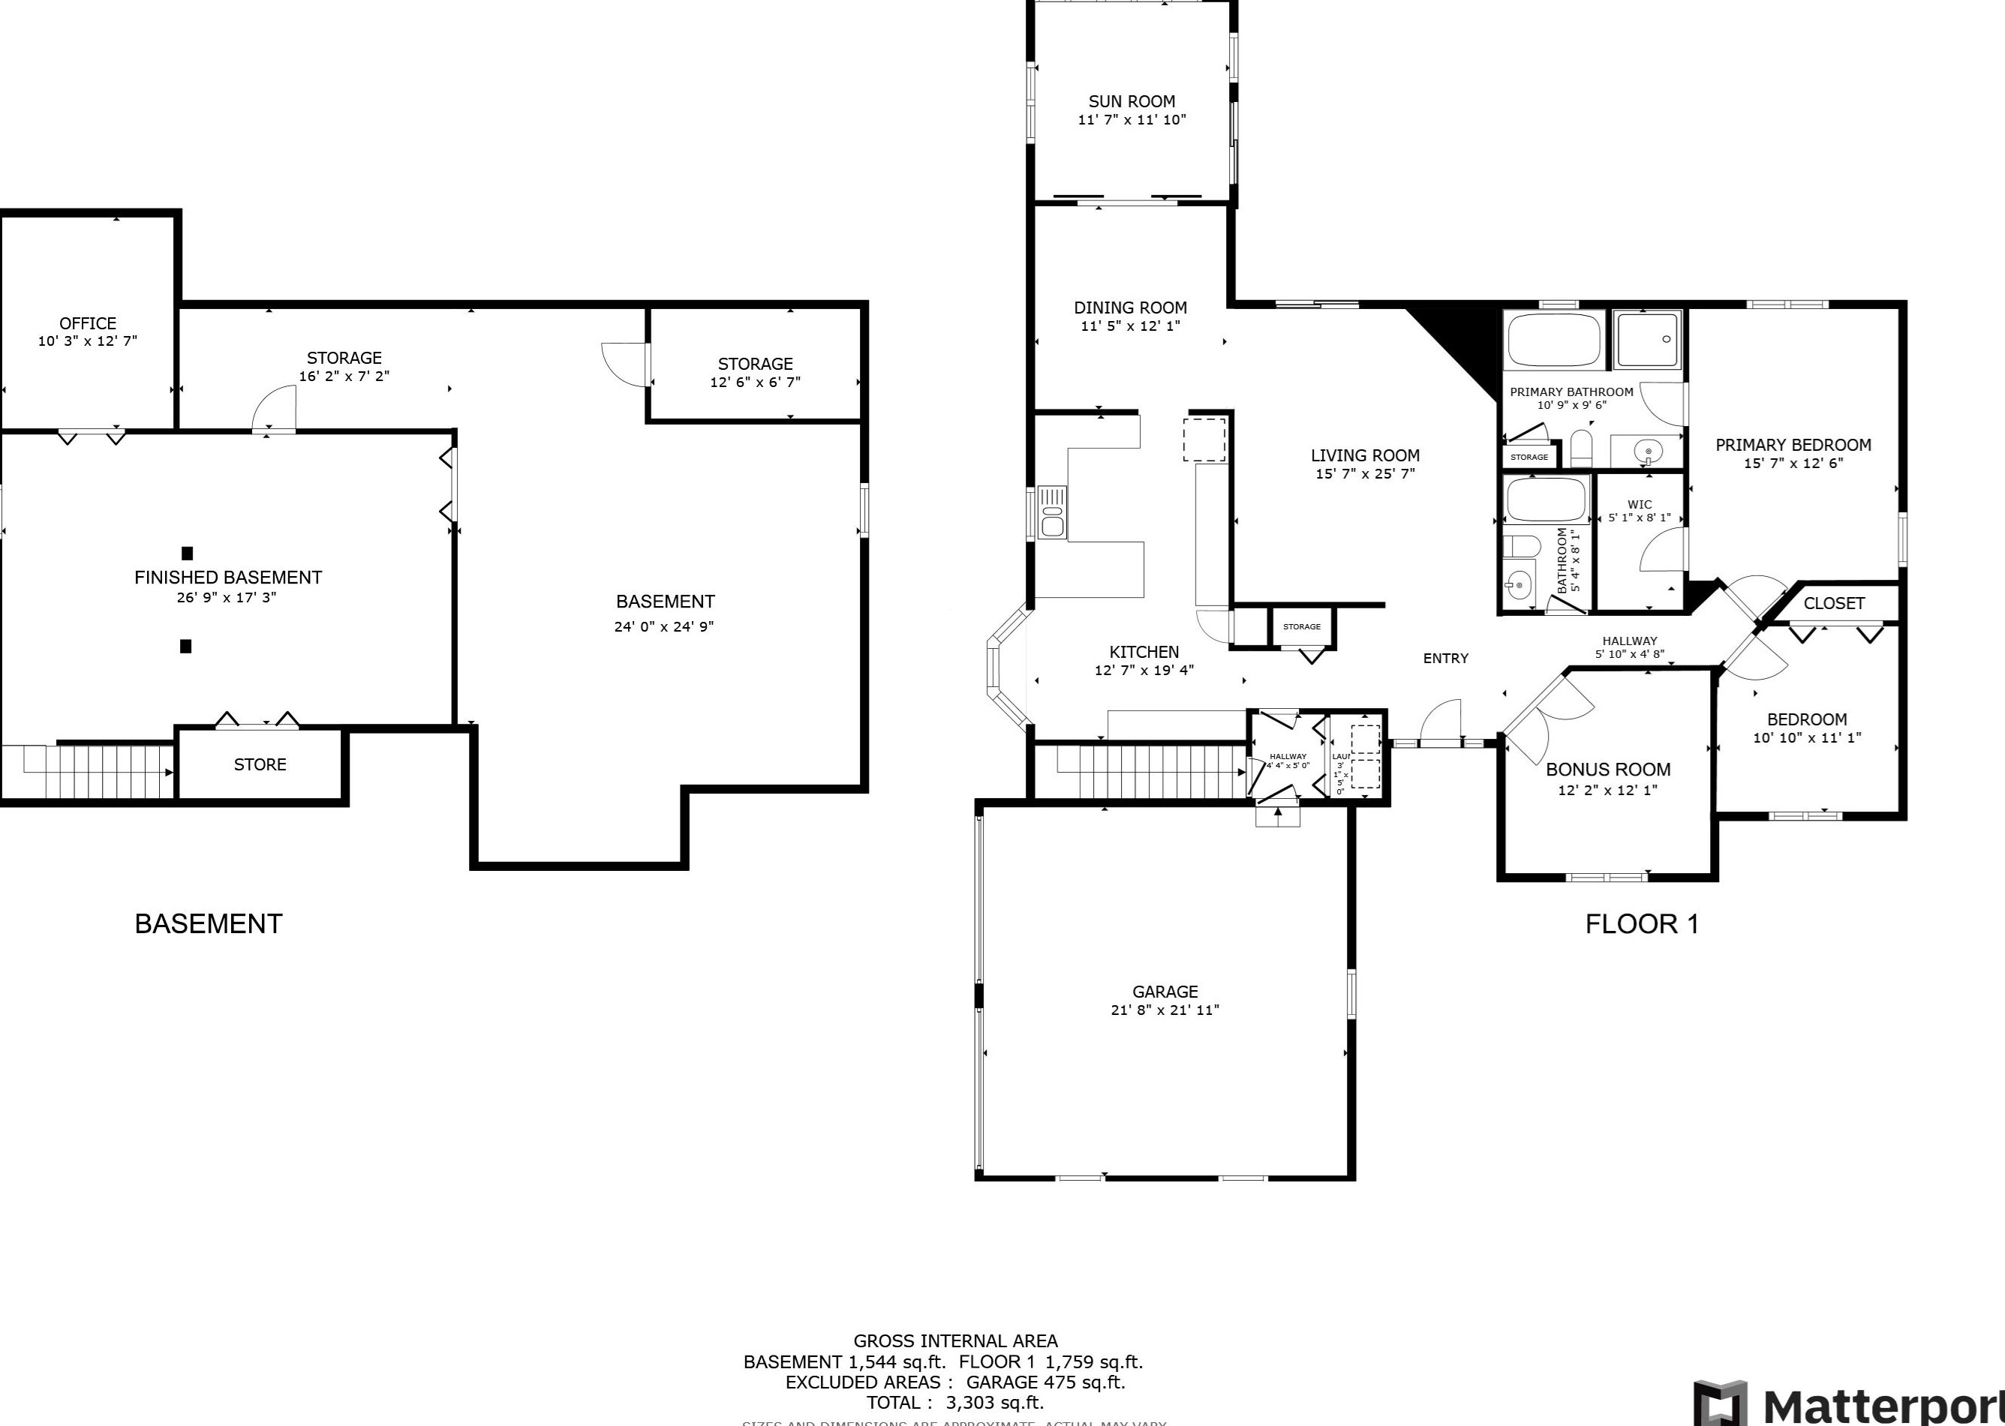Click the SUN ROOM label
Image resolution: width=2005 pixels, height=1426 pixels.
(x=1131, y=102)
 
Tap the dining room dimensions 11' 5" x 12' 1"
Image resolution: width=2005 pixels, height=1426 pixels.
(x=1130, y=326)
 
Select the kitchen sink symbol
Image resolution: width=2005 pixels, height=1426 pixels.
(x=1051, y=511)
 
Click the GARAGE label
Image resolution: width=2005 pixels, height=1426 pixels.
(x=1165, y=992)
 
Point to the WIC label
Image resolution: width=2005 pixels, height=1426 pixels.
(x=1639, y=505)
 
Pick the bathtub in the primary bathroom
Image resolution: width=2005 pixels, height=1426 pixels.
(x=1553, y=340)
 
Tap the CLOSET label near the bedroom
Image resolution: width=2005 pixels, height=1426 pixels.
(x=1834, y=603)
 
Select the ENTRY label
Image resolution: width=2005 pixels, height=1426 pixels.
(x=1445, y=659)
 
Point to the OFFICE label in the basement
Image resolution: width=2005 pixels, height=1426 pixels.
(x=88, y=323)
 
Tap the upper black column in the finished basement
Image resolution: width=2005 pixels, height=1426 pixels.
(x=186, y=553)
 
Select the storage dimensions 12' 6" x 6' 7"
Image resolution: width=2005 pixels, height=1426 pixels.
(x=756, y=383)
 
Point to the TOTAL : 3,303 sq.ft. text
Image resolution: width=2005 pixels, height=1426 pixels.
(x=954, y=1402)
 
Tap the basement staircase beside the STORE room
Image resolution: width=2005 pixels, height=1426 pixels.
(x=97, y=772)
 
